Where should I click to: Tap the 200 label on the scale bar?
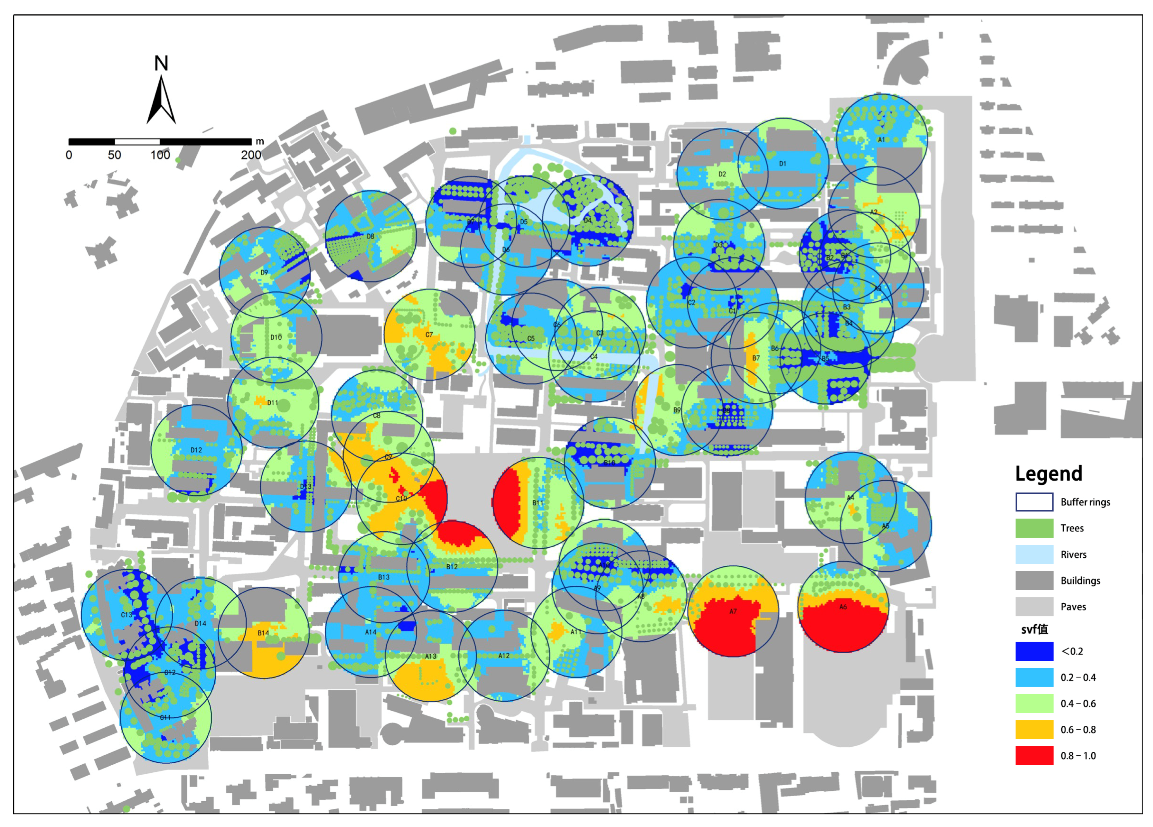251,155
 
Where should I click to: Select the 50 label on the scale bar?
114,155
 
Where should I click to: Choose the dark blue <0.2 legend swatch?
1034,651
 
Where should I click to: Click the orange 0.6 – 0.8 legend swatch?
1034,729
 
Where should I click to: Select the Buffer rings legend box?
1034,502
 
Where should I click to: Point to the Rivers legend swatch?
1034,554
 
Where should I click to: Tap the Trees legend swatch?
1034,528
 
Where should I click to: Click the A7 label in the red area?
733,612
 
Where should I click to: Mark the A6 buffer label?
843,607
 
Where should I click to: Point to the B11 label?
538,503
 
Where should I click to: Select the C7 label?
429,334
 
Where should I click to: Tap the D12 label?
196,450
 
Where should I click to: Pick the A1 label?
881,139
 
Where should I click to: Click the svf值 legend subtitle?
1035,629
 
